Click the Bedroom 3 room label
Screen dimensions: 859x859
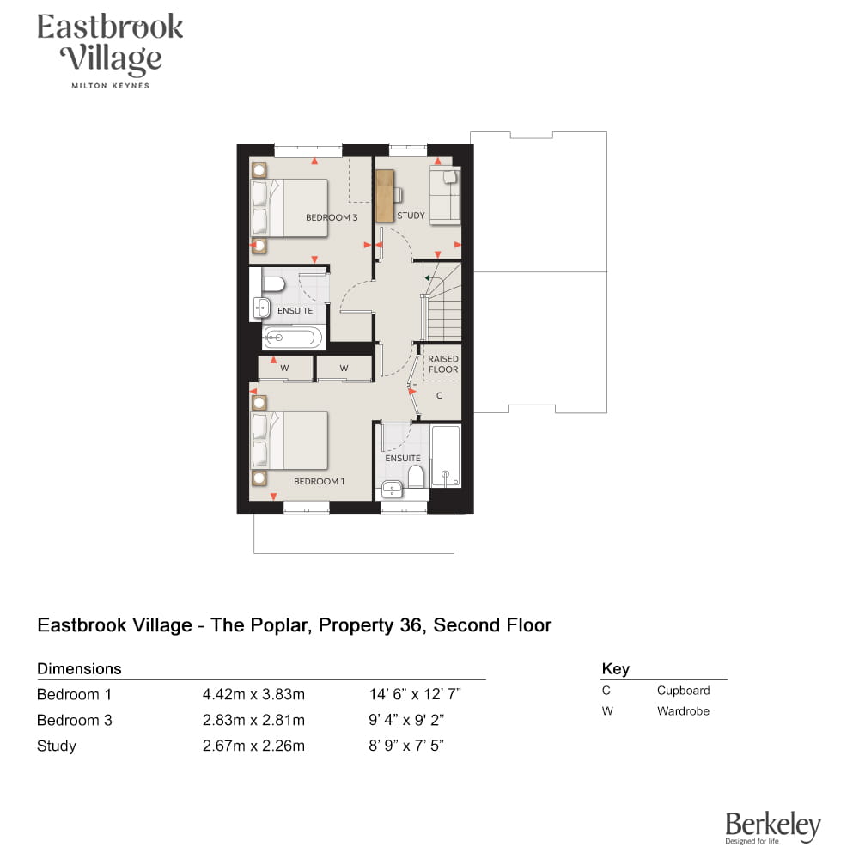tap(332, 217)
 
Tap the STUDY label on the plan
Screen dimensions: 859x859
tap(411, 216)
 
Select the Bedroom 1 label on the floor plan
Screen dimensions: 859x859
tap(319, 481)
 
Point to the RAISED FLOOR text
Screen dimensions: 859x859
tap(443, 363)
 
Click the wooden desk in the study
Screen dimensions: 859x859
tap(385, 196)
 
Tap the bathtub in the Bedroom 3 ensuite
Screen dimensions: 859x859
tap(293, 338)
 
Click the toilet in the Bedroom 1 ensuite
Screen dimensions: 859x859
tap(416, 477)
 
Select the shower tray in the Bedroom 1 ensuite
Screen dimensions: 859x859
tap(445, 456)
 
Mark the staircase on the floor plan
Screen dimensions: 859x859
tap(442, 302)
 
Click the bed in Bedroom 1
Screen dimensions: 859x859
tap(289, 441)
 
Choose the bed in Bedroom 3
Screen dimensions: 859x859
tap(289, 208)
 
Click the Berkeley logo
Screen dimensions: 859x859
tap(772, 828)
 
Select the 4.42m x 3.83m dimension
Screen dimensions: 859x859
tap(253, 694)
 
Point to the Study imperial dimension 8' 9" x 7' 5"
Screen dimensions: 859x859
tap(406, 746)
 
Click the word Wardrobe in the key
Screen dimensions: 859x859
tap(683, 710)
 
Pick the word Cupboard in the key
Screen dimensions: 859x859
tap(683, 691)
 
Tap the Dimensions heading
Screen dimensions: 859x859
tap(79, 668)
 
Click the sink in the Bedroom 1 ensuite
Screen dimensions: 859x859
tap(392, 489)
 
